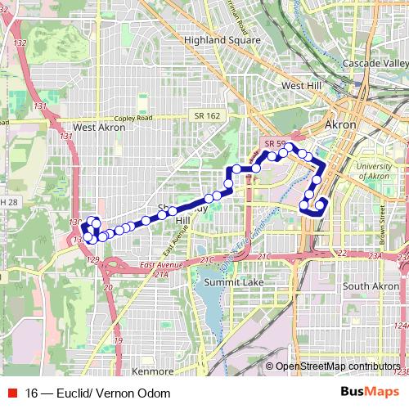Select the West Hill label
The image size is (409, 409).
coord(302,85)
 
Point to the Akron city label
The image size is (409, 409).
coord(340,125)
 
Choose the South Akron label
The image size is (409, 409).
coord(371,286)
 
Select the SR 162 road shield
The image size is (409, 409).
coord(202,116)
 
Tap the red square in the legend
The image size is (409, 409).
coord(12,393)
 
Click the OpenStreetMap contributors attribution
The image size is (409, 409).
coord(335,366)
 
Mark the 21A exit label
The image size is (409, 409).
coord(160,274)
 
